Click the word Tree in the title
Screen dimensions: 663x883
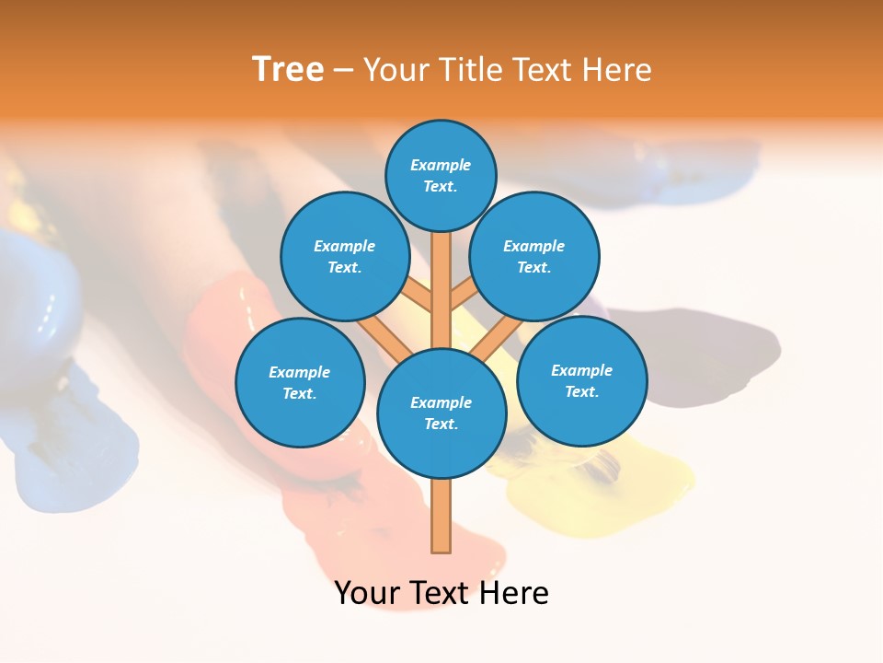click(x=288, y=69)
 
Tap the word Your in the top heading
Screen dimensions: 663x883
click(x=397, y=70)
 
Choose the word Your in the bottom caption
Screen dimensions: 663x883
click(x=368, y=593)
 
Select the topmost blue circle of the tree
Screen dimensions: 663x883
click(x=441, y=175)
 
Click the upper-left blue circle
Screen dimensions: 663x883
click(x=345, y=256)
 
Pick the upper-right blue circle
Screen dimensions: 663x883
click(x=534, y=256)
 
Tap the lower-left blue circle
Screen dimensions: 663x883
click(x=300, y=382)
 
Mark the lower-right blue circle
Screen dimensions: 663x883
click(x=581, y=380)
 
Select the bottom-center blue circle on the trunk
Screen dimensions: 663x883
click(x=441, y=413)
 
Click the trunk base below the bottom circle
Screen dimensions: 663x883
click(x=441, y=516)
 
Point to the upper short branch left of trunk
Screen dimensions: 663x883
click(x=418, y=295)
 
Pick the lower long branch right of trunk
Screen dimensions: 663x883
click(x=497, y=339)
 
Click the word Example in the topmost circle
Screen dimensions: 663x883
click(x=441, y=165)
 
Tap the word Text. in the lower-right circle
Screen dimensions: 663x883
click(x=581, y=391)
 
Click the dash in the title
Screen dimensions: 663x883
click(x=344, y=70)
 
